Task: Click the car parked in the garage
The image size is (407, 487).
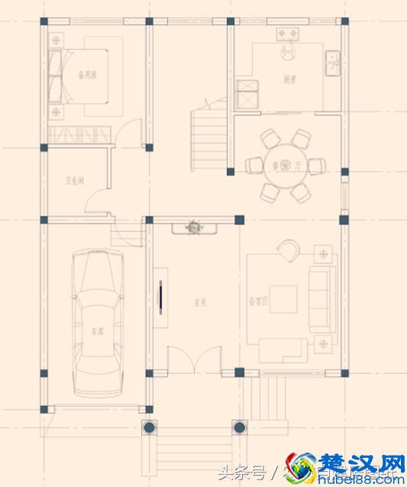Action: coord(97,321)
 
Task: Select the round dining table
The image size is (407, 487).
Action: coord(279,164)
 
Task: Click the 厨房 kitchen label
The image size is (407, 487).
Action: coord(289,79)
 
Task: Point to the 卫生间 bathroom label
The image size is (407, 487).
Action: coord(74,181)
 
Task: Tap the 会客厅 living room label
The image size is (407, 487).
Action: coord(259,302)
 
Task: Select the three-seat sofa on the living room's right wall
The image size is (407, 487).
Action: coord(321,299)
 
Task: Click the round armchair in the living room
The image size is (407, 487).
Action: coord(289,249)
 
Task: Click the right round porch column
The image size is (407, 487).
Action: coord(239,426)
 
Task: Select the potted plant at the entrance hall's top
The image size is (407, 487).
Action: coord(195,227)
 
